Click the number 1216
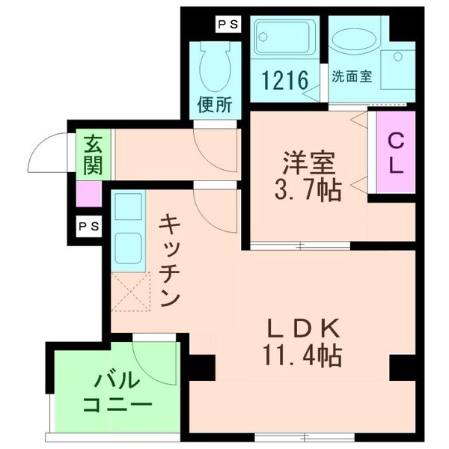point(284,79)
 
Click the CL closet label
point(395,153)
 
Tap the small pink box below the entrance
point(89,195)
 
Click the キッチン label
point(170,259)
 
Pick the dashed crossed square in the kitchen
point(129,291)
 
